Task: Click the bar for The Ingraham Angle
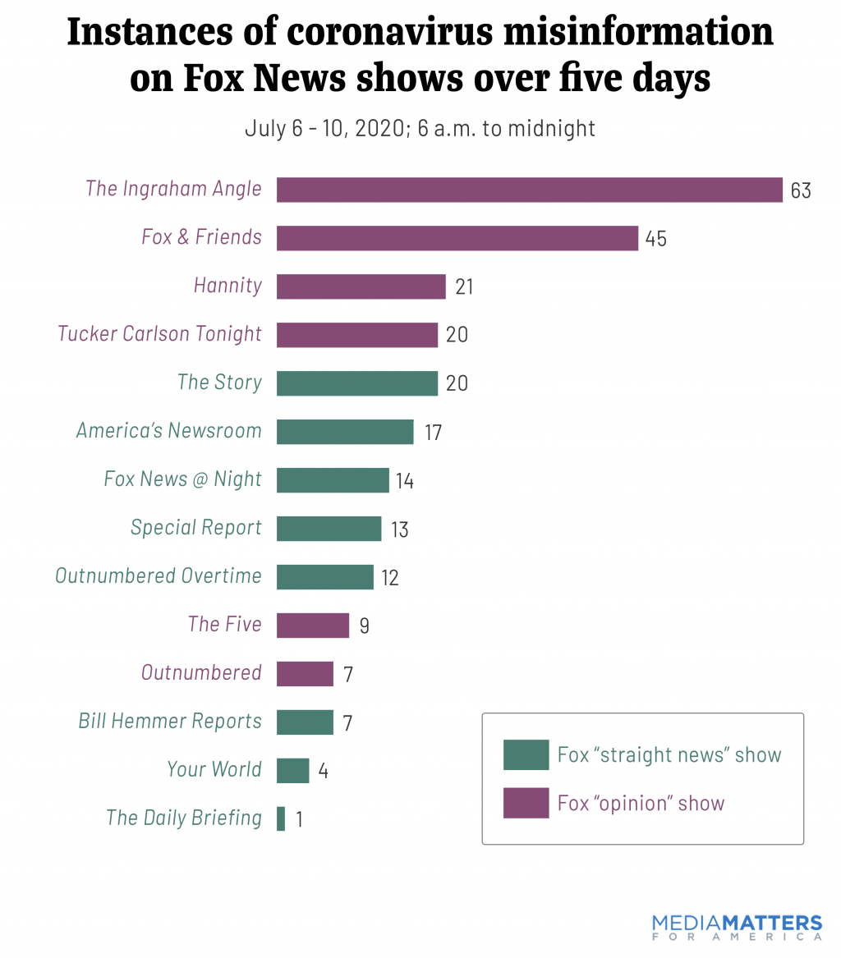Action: click(x=529, y=190)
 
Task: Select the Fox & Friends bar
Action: click(x=457, y=238)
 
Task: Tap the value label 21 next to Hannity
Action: click(x=464, y=286)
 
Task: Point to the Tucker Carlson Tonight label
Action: click(x=159, y=334)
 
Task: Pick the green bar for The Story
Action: click(x=356, y=383)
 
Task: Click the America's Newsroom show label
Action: click(x=168, y=431)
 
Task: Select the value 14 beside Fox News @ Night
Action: click(x=404, y=480)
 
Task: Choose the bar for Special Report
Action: click(x=329, y=529)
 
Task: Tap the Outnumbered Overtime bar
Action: click(x=324, y=577)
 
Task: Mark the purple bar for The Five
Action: click(x=312, y=626)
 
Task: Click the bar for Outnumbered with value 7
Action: click(x=305, y=674)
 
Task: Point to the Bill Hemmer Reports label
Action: click(x=170, y=722)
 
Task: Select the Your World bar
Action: click(x=292, y=771)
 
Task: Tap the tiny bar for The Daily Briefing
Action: click(x=281, y=818)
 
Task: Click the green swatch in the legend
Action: click(x=526, y=754)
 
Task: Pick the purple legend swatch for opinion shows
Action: click(x=526, y=803)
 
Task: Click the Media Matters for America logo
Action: click(x=737, y=926)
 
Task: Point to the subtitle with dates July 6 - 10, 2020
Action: click(x=420, y=129)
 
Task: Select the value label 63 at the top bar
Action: click(x=801, y=190)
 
